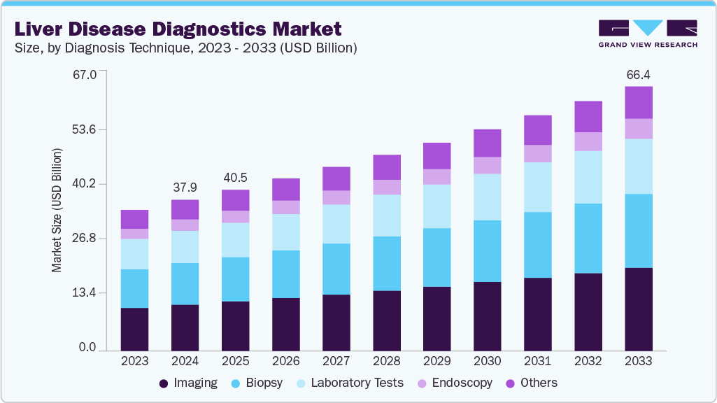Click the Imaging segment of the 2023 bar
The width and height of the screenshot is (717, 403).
(134, 329)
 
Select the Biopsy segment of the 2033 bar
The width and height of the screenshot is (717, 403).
(639, 231)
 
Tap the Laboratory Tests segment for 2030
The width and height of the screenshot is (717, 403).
(488, 197)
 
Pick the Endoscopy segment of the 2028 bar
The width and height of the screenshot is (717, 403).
(387, 187)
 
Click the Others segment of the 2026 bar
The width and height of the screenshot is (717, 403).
(285, 189)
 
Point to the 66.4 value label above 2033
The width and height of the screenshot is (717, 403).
(638, 74)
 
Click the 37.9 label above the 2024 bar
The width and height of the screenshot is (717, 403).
(185, 188)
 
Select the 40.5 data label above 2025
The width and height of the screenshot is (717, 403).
(235, 178)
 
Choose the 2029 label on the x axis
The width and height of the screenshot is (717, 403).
(437, 361)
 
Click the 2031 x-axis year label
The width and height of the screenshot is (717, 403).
(538, 361)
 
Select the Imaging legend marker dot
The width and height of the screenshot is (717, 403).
(164, 383)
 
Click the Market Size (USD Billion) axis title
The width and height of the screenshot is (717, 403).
(57, 211)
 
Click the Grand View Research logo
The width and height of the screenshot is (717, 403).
(647, 34)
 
